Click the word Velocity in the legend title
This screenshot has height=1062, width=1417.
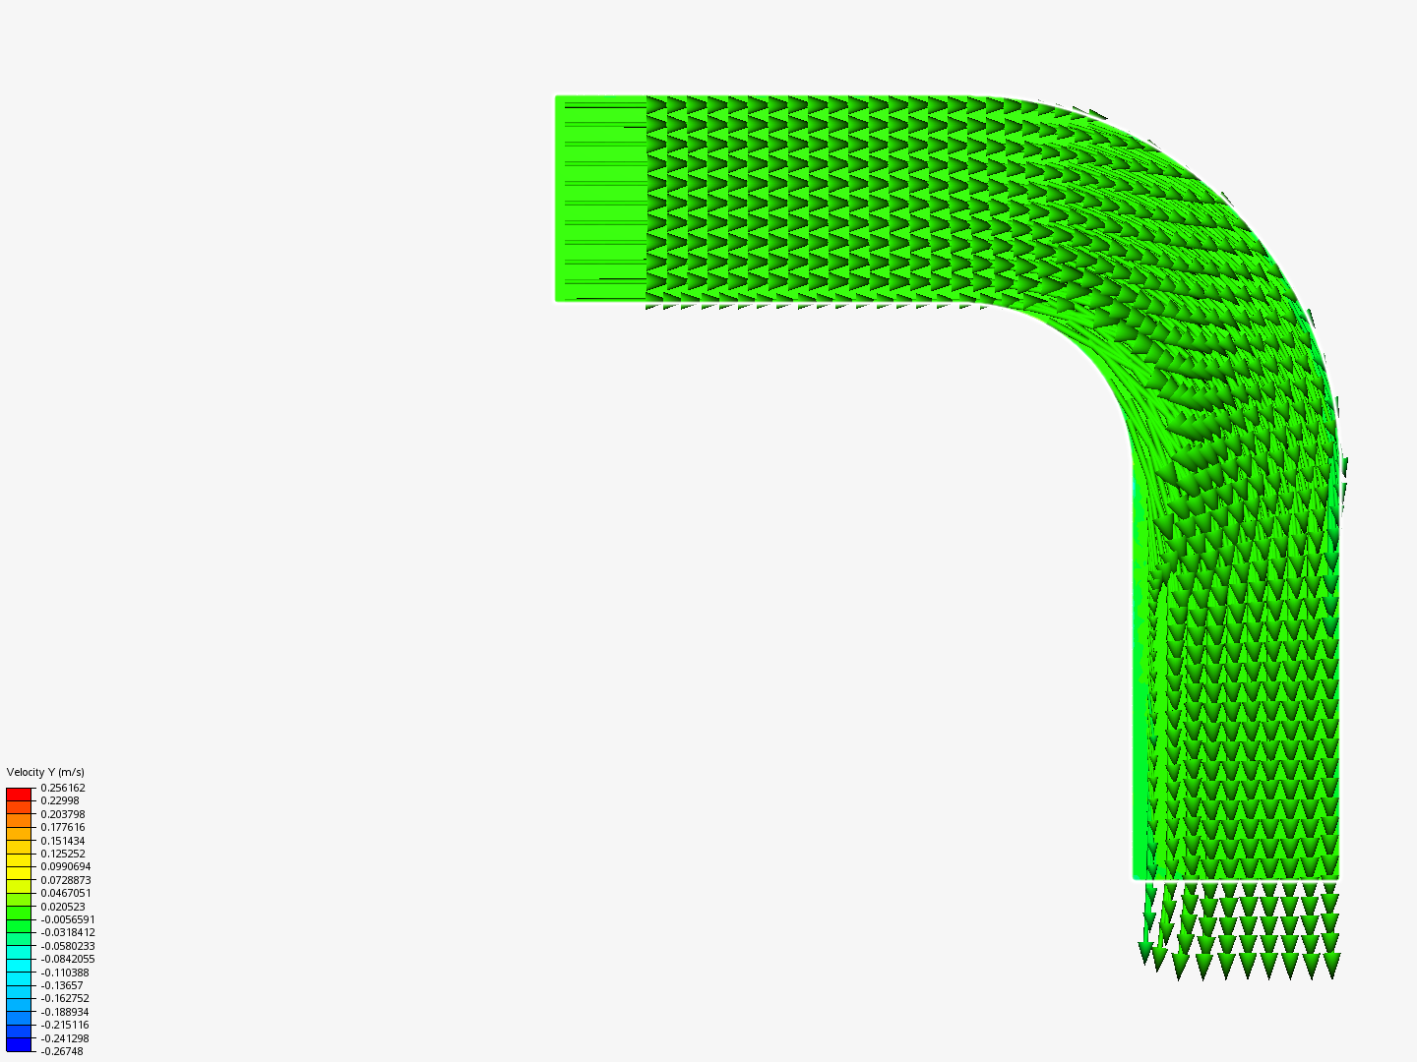(25, 772)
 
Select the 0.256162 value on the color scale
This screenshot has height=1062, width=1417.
(63, 788)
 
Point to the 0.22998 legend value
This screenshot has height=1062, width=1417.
(59, 800)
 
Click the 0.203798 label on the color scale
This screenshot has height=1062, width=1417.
(63, 814)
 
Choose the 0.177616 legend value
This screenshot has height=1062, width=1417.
(63, 827)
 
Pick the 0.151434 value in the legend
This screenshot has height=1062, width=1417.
(63, 840)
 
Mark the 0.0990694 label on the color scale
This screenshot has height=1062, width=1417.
(65, 866)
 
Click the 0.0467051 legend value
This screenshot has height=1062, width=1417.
(65, 893)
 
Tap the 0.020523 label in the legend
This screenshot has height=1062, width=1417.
(63, 906)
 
